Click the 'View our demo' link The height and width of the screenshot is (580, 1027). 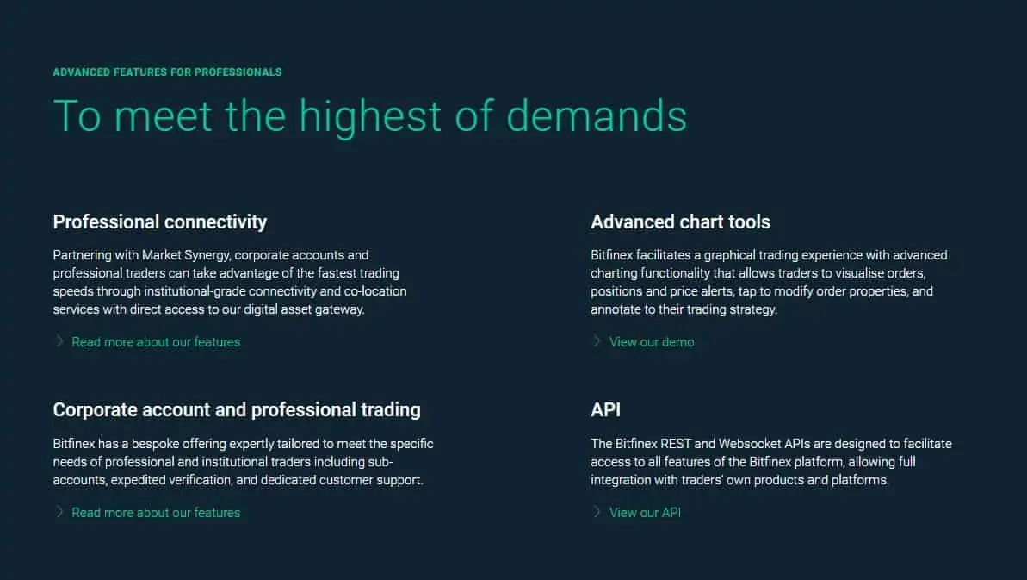[652, 342]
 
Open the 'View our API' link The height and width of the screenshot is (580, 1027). [645, 513]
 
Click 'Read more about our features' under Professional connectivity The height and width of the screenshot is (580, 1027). [156, 342]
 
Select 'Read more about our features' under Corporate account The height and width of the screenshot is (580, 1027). [156, 513]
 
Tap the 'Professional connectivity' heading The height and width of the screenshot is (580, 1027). [160, 222]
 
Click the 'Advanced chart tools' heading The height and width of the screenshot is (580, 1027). [681, 222]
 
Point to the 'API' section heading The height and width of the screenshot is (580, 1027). [606, 409]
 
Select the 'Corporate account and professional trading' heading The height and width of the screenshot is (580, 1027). [237, 409]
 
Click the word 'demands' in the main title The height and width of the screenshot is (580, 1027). [597, 116]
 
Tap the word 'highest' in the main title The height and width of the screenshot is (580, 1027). [371, 117]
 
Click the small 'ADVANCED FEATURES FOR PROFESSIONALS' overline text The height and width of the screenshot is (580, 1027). [167, 72]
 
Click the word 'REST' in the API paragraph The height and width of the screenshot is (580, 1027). [676, 444]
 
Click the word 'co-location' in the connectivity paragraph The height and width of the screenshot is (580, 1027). [375, 291]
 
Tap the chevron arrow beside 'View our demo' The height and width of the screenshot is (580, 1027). [597, 340]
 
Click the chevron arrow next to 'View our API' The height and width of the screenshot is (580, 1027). [597, 511]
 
